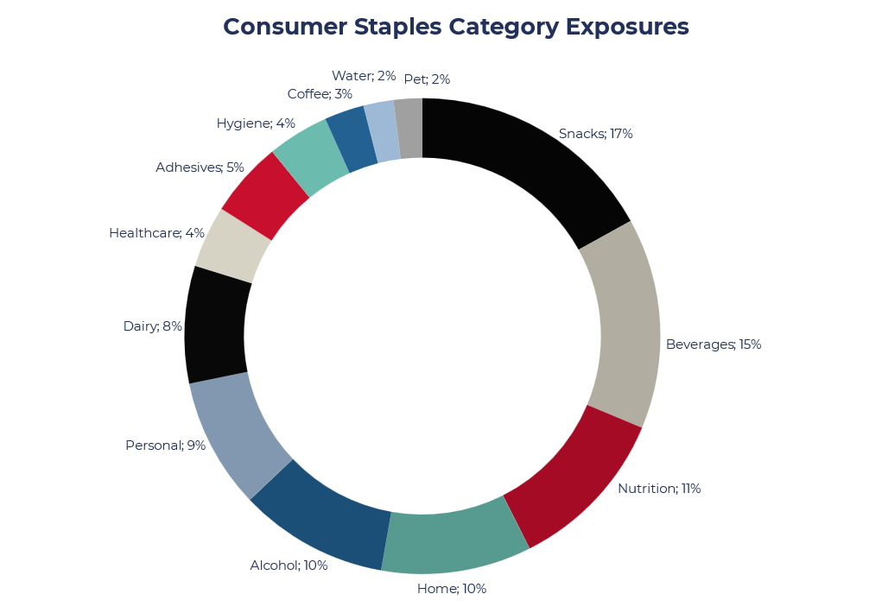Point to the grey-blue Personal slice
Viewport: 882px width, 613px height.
coord(238,432)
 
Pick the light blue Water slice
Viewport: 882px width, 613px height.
coord(381,131)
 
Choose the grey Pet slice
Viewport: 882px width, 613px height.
coord(409,129)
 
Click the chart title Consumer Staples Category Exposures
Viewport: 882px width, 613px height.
coord(456,27)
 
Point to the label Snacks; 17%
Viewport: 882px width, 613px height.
coord(595,134)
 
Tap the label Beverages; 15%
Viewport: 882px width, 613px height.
coord(713,344)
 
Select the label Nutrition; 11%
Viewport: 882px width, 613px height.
coord(658,489)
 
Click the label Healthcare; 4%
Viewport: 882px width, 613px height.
coord(156,233)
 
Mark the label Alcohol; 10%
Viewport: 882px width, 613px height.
coord(289,566)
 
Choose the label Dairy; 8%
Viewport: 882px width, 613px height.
coord(152,326)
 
